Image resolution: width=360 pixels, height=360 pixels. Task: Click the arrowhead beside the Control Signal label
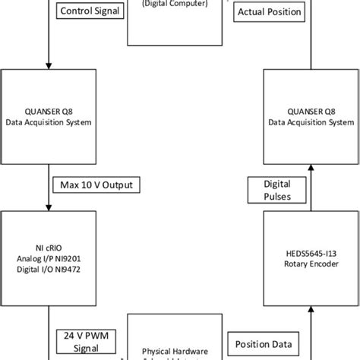pyautogui.click(x=48, y=65)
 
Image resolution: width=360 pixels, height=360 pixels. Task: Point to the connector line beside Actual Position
pyautogui.click(x=310, y=30)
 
